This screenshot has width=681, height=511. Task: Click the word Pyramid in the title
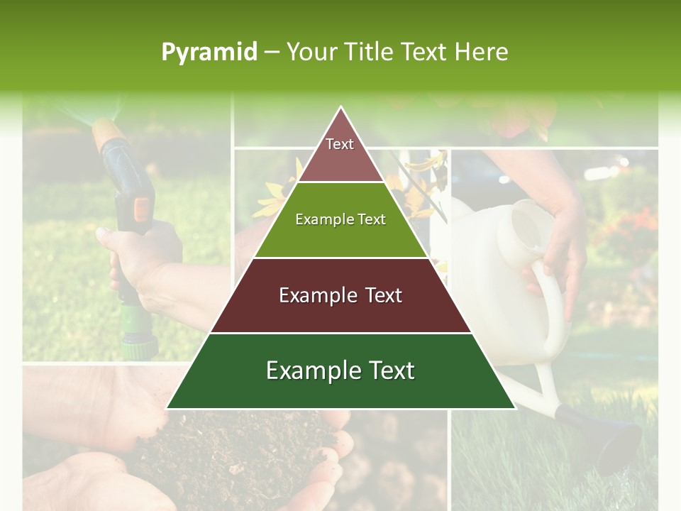click(209, 53)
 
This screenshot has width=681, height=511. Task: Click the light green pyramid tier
click(340, 220)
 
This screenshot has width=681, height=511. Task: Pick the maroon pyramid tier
click(340, 295)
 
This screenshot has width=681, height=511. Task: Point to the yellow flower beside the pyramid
click(273, 199)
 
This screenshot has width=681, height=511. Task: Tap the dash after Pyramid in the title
click(272, 53)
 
